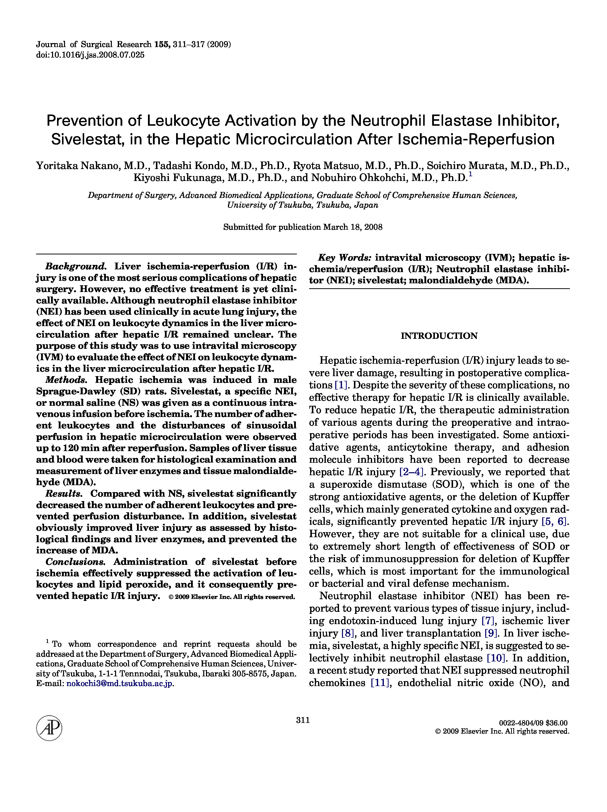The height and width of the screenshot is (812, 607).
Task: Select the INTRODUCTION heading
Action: point(439,336)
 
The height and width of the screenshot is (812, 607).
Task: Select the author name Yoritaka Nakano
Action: point(78,166)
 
